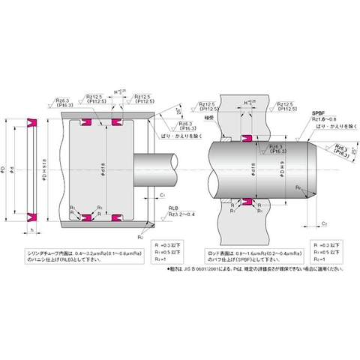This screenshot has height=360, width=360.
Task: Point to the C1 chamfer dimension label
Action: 164,196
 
